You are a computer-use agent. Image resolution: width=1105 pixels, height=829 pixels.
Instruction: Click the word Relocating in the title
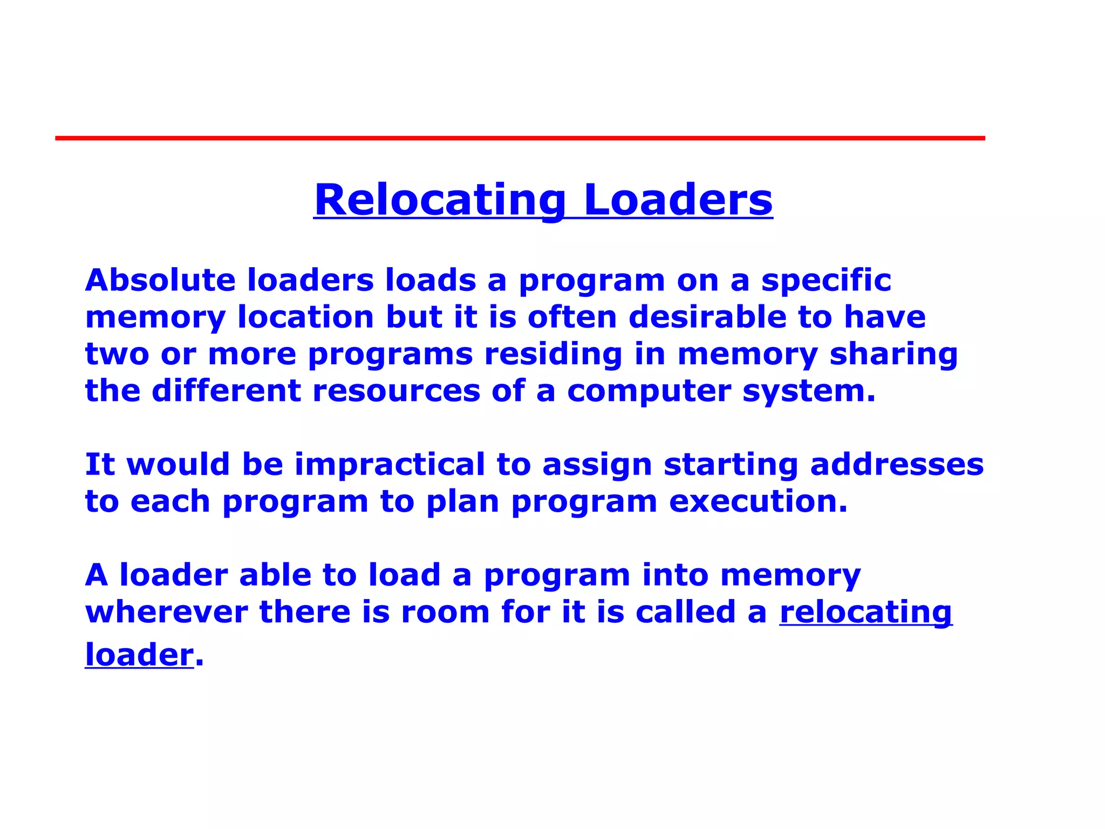(440, 200)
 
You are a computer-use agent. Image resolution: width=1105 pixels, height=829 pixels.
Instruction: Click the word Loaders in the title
(678, 200)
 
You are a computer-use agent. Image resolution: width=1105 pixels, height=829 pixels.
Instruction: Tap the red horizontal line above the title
(520, 138)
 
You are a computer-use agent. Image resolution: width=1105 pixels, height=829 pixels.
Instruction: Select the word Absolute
(160, 280)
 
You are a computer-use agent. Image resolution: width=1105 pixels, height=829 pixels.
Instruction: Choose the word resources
(396, 391)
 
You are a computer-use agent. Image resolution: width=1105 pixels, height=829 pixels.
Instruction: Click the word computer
(649, 392)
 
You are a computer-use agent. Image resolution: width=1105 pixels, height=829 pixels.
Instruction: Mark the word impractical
(390, 465)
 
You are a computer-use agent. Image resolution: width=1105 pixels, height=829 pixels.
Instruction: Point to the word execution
(758, 501)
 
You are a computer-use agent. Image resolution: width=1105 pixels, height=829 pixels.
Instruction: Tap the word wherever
(166, 612)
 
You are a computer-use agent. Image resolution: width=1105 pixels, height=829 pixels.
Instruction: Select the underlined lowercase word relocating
(865, 613)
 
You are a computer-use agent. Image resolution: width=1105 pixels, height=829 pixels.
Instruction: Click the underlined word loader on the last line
(139, 655)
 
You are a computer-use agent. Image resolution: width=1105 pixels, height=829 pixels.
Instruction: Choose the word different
(226, 391)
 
